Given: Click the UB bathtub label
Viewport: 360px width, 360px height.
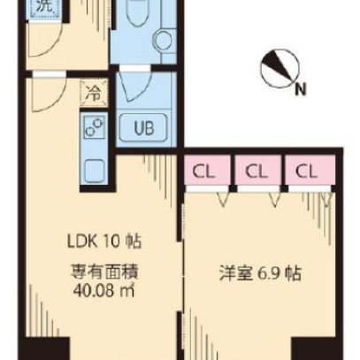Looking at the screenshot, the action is pyautogui.click(x=143, y=128).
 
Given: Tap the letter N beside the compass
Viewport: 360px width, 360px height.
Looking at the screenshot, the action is pyautogui.click(x=301, y=89).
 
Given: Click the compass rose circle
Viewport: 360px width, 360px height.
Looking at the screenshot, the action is pyautogui.click(x=280, y=69).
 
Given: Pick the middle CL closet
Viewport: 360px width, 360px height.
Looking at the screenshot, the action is pyautogui.click(x=257, y=171).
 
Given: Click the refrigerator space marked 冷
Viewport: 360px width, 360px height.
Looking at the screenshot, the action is pyautogui.click(x=94, y=94).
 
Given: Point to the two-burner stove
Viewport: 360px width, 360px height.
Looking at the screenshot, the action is pyautogui.click(x=95, y=127).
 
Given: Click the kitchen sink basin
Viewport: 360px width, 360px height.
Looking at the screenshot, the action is pyautogui.click(x=95, y=171).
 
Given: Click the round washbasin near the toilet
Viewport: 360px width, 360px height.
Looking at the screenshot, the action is pyautogui.click(x=164, y=40).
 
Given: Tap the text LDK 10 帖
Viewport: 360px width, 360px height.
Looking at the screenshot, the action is pyautogui.click(x=104, y=241).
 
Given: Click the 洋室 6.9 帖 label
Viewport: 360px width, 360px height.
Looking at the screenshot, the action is pyautogui.click(x=260, y=274).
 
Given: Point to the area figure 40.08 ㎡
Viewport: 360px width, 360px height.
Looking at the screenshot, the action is pyautogui.click(x=104, y=291).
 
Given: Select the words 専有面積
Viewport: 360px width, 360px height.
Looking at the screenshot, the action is pyautogui.click(x=104, y=272).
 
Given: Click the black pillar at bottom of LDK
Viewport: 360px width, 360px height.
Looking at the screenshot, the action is pyautogui.click(x=46, y=349).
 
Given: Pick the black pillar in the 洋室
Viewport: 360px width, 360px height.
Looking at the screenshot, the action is pyautogui.click(x=314, y=349).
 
